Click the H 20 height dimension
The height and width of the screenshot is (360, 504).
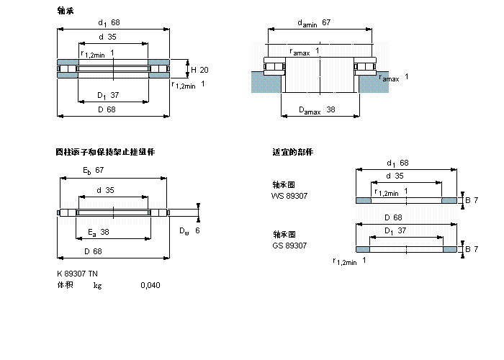coord(199,70)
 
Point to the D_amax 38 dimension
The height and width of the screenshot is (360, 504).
coord(316,110)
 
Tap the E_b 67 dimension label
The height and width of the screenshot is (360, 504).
coord(94,170)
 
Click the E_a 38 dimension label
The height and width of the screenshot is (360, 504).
coord(98,232)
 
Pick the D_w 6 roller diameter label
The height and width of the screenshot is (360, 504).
coord(189,230)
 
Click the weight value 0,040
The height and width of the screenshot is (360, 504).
coord(150,286)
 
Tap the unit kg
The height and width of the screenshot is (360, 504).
coord(97,286)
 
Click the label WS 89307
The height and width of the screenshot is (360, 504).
coord(289,195)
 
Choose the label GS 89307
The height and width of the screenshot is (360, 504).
coord(289,246)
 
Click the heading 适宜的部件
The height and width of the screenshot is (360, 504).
coord(292,152)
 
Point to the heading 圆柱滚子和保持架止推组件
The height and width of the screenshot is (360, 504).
coord(105,152)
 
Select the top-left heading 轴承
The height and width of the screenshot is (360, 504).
coord(65,11)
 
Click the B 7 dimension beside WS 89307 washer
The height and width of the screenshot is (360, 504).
coord(472,199)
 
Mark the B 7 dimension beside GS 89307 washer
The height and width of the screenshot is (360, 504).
coord(472,249)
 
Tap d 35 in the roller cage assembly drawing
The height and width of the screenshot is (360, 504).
coord(105,190)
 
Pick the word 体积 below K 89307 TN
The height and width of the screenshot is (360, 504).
coord(65,286)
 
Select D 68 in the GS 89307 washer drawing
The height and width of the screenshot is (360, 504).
coord(392,217)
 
